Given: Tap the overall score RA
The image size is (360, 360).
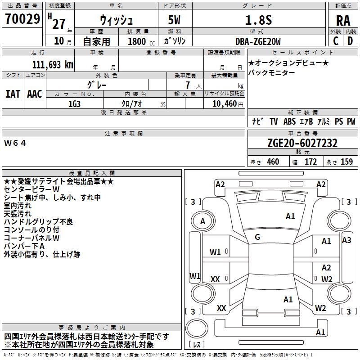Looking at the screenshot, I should pyautogui.click(x=343, y=20).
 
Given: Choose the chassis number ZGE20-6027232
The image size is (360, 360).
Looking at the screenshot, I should pyautogui.click(x=302, y=143).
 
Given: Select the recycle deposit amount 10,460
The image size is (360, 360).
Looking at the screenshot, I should pyautogui.click(x=224, y=103).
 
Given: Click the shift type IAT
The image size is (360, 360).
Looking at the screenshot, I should pyautogui.click(x=13, y=94).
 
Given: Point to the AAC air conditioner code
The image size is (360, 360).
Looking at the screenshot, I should pyautogui.click(x=34, y=94).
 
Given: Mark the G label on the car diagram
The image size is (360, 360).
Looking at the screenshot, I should pyautogui.click(x=257, y=237).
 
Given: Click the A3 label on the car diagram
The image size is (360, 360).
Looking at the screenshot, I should pyautogui.click(x=346, y=240).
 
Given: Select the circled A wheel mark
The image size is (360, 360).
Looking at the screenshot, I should pyautogui.click(x=202, y=221).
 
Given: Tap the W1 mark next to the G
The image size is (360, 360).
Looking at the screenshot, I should pyautogui.click(x=215, y=252).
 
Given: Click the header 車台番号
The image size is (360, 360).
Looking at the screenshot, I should pyautogui.click(x=302, y=134).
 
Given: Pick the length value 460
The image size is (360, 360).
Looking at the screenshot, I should pyautogui.click(x=273, y=162).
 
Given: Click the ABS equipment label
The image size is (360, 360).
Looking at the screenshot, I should pyautogui.click(x=289, y=121).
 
